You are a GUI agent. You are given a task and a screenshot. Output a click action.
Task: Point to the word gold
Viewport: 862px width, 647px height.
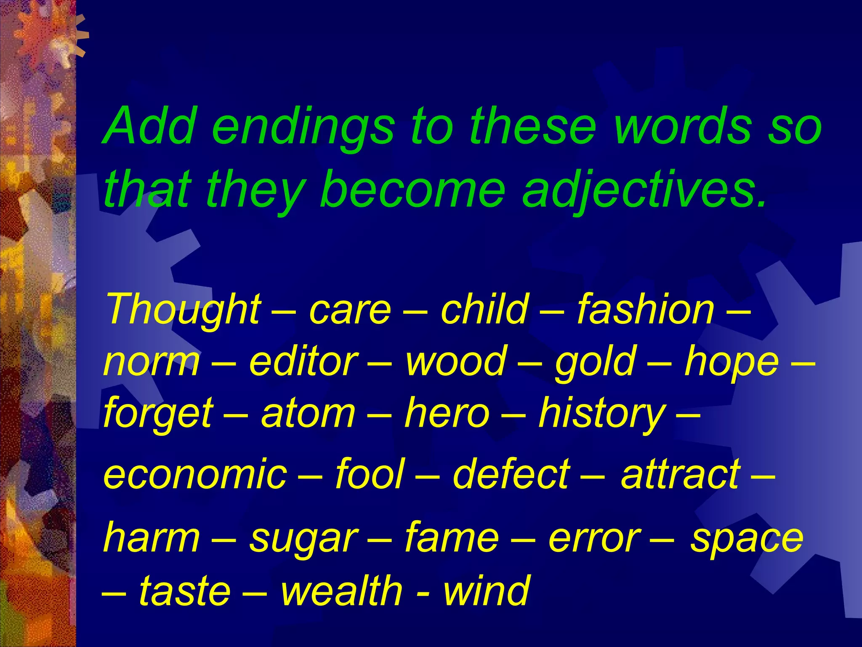(x=595, y=363)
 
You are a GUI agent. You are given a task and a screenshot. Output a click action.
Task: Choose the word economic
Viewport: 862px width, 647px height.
(x=195, y=474)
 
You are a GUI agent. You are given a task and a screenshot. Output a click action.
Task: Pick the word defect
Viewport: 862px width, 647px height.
(x=511, y=474)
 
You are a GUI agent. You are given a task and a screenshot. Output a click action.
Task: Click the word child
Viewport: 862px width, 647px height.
(x=484, y=310)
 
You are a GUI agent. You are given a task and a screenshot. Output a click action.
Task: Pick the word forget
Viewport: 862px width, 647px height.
(x=158, y=415)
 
